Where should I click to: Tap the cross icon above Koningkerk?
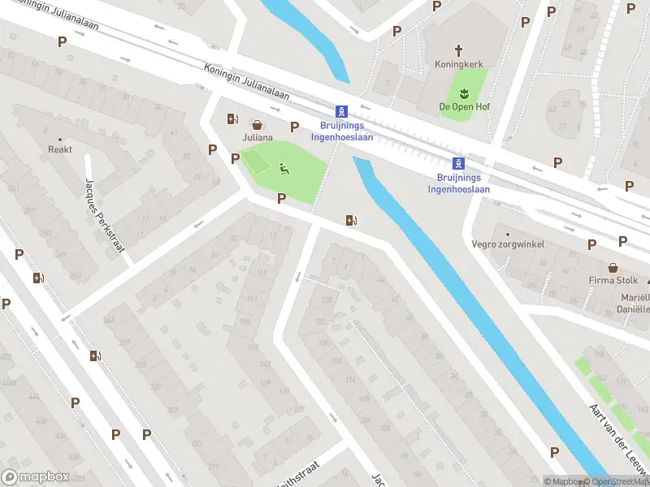point(459,49)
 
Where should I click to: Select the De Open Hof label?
point(464,106)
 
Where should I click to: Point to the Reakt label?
point(60,149)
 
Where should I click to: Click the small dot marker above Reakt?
point(60,139)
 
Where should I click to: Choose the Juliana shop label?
point(257,137)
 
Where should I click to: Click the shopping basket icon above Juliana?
point(258,125)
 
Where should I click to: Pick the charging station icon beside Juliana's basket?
point(233,119)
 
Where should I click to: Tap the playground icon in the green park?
point(284,169)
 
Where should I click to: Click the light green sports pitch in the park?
point(257,164)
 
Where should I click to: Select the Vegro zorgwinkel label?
point(508,244)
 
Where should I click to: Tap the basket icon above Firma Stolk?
point(613,268)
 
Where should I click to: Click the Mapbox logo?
point(35,477)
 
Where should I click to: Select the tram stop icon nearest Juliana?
point(342,112)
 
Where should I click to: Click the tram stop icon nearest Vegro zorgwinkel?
point(457,162)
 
